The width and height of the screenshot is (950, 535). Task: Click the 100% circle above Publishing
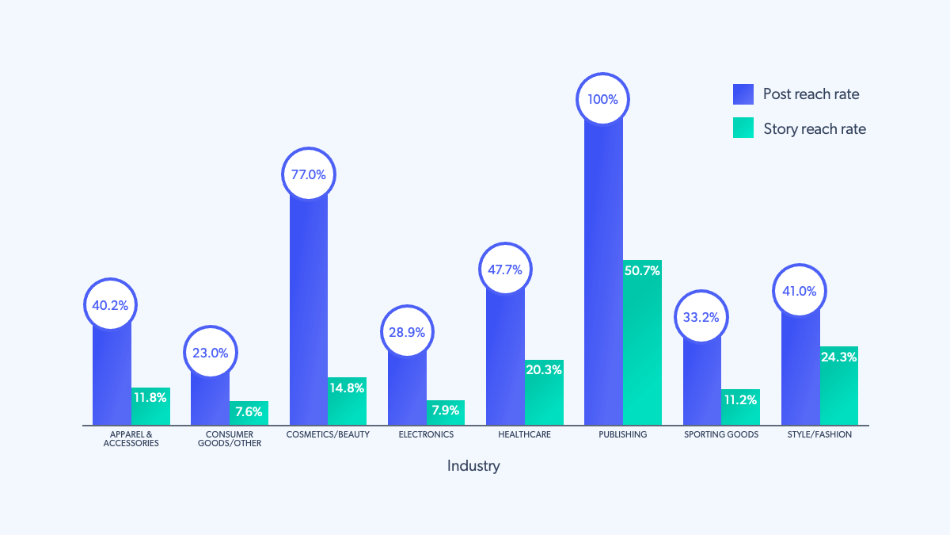[603, 100]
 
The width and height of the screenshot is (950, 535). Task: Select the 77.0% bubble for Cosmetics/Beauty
[309, 174]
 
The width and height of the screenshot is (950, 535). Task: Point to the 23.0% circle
[210, 353]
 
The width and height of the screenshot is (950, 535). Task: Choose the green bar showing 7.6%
[249, 413]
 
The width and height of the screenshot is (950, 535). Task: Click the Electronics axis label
[426, 434]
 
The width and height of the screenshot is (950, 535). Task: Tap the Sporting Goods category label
[721, 434]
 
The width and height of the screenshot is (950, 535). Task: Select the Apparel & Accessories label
[131, 439]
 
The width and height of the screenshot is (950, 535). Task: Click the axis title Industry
[473, 465]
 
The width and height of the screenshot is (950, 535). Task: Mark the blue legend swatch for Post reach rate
[743, 94]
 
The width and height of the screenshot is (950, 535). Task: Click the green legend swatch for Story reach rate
[743, 128]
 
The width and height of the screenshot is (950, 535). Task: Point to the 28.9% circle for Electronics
[407, 331]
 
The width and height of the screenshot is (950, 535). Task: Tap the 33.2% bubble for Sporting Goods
[701, 317]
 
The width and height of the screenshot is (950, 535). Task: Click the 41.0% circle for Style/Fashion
[800, 291]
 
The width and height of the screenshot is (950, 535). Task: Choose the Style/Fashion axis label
[819, 434]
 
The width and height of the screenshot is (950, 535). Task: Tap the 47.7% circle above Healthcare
[505, 269]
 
